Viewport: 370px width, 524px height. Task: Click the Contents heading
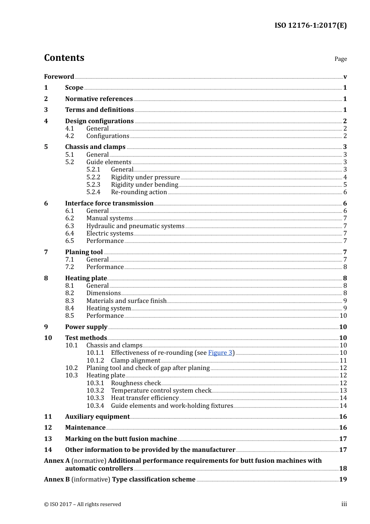pos(64,58)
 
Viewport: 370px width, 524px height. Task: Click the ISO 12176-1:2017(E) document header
pos(310,25)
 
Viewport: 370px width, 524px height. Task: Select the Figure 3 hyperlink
pos(220,353)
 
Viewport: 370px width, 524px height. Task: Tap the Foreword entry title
pos(59,76)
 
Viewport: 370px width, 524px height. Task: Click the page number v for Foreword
pos(345,77)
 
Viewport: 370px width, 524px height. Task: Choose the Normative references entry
pos(99,99)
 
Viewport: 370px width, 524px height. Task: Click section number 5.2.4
pos(93,192)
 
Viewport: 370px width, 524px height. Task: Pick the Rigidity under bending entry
pos(144,185)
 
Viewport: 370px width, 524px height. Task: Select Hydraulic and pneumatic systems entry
pos(135,226)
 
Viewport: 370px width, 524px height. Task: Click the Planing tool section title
pos(84,252)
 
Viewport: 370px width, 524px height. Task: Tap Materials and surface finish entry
pos(126,301)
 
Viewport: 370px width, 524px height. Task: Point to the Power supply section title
pos(86,327)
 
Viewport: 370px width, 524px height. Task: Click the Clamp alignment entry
pos(136,361)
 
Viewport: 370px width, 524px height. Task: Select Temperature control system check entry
pos(161,391)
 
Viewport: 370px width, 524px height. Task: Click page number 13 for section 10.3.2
pos(343,391)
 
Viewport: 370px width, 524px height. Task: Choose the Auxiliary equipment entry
pos(97,417)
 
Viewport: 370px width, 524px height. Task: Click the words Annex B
pos(57,480)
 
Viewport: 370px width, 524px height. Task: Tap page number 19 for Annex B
pos(343,480)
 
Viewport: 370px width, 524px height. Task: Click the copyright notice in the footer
pos(83,505)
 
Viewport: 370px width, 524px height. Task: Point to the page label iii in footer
pos(344,504)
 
